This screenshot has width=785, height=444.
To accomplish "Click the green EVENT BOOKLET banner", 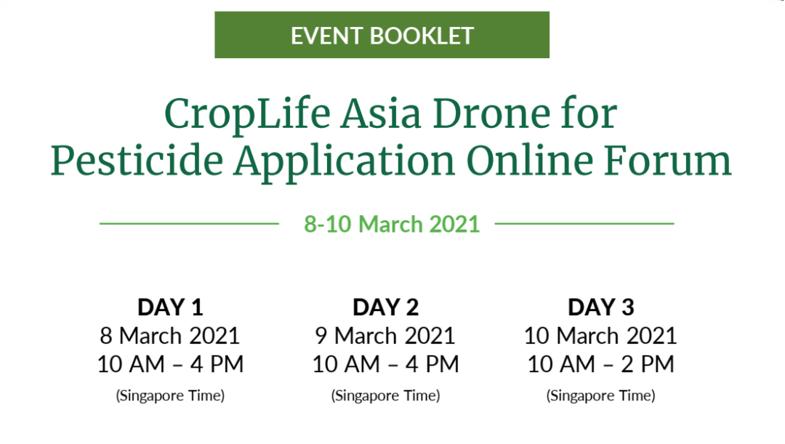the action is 382,35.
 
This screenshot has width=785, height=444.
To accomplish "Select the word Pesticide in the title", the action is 137,161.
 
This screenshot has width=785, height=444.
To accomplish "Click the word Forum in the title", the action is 667,161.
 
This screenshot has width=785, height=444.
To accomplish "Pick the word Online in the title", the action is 530,161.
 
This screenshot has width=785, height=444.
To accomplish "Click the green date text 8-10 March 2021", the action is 392,225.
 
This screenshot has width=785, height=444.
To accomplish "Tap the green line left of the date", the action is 189,224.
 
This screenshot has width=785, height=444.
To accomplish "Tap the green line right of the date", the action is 584,224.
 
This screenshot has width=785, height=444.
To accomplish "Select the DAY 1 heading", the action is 170,307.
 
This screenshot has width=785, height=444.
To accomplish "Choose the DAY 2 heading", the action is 385,307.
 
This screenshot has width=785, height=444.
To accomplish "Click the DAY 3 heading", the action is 601,307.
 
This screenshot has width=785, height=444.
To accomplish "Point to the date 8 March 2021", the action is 170,336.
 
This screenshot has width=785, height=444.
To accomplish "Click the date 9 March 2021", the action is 385,336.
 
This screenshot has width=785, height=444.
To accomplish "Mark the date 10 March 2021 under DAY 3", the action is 600,336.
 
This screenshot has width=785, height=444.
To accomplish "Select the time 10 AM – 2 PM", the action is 601,364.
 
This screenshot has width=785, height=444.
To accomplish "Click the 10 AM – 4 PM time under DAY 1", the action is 170,364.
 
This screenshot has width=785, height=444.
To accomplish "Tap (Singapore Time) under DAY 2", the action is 385,396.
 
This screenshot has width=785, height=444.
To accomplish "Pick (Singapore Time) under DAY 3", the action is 601,396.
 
